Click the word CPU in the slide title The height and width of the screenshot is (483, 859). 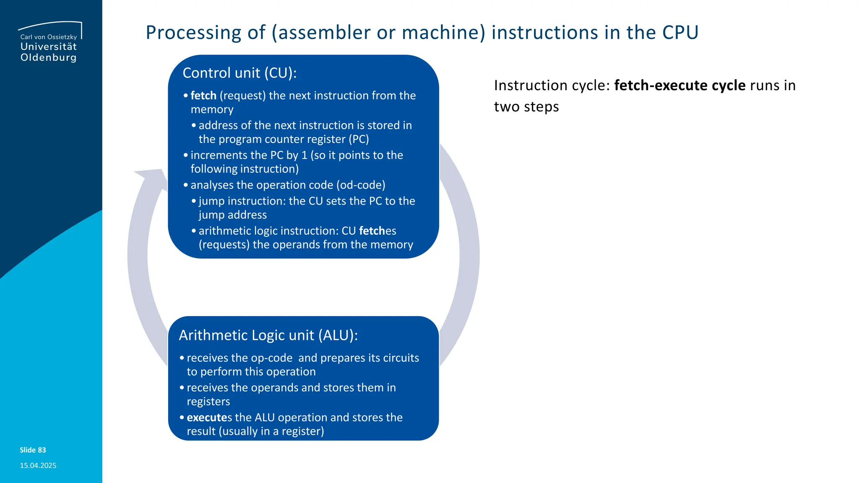click(680, 33)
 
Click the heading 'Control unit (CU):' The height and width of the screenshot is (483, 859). click(239, 73)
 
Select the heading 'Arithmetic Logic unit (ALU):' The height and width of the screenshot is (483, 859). click(268, 335)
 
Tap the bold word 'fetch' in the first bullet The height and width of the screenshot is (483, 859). click(203, 96)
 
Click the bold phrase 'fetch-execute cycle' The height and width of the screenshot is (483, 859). click(679, 86)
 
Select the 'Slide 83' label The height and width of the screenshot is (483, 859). click(33, 450)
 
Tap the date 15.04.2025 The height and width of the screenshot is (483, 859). click(38, 465)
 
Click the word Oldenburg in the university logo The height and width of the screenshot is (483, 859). click(49, 57)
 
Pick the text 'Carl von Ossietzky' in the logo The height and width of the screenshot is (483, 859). click(49, 37)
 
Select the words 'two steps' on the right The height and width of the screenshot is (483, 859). click(526, 107)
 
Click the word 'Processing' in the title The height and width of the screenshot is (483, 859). click(193, 33)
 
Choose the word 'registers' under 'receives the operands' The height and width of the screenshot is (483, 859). click(208, 402)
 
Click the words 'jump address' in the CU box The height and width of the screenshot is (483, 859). click(232, 215)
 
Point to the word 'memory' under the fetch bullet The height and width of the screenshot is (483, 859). click(212, 109)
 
